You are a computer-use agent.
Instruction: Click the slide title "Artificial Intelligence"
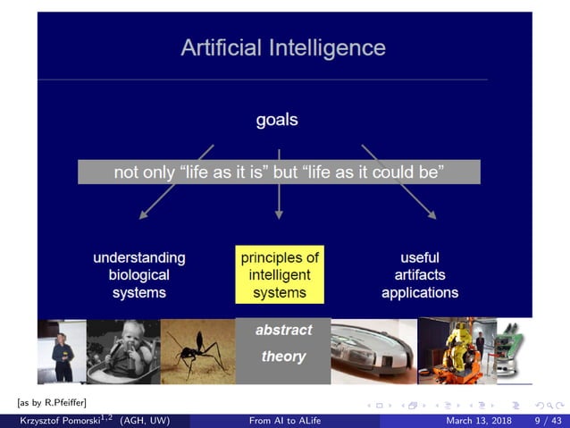[283, 47]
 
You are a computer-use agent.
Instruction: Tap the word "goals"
[277, 119]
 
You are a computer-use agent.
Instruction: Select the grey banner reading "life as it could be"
[279, 172]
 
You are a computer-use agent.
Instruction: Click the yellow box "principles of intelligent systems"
[279, 274]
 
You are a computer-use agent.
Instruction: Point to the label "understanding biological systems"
[139, 274]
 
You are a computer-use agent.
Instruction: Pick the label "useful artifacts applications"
[420, 274]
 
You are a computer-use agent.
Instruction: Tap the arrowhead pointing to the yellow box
[279, 214]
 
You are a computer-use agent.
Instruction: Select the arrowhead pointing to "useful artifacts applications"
[432, 214]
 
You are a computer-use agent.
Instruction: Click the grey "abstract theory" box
[283, 344]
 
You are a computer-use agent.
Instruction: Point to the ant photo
[197, 351]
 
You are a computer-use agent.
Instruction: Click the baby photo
[123, 351]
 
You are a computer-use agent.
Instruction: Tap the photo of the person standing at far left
[62, 351]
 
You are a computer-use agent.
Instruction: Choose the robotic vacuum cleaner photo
[373, 351]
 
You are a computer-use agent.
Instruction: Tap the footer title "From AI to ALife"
[285, 420]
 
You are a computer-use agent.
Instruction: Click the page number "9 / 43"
[548, 420]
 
